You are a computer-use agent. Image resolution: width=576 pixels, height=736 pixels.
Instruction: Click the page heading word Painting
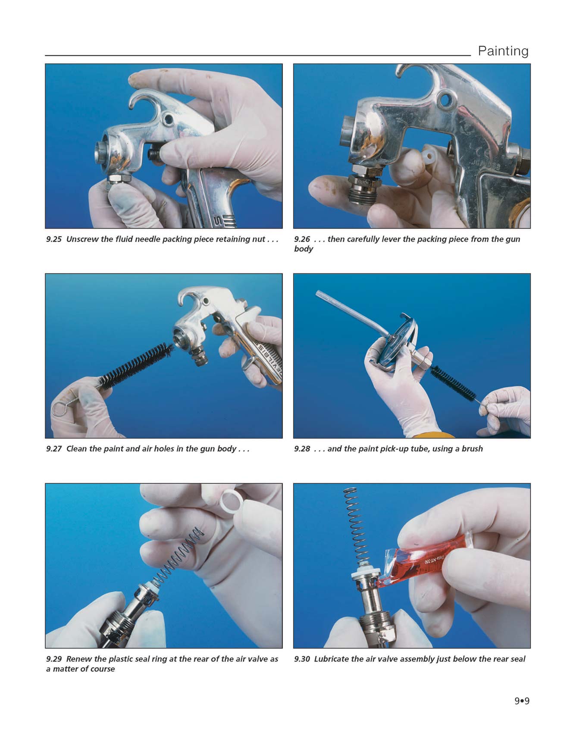tap(503, 51)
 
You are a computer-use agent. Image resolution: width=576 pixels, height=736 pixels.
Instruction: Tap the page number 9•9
tap(522, 701)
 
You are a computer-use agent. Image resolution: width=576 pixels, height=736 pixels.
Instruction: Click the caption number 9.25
tap(54, 239)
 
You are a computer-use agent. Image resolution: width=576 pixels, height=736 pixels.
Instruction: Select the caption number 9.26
tap(302, 239)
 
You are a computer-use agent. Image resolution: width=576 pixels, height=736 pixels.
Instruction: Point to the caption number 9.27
tap(54, 449)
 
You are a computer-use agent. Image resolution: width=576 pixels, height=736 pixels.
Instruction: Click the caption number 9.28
tap(302, 449)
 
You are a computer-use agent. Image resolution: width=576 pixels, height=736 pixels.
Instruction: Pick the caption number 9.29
tap(54, 659)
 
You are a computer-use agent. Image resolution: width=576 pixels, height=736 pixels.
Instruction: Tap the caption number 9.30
tap(302, 659)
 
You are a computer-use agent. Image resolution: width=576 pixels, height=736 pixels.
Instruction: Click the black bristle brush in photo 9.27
tap(137, 365)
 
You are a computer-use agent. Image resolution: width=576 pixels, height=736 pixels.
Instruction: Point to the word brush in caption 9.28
tap(473, 449)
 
